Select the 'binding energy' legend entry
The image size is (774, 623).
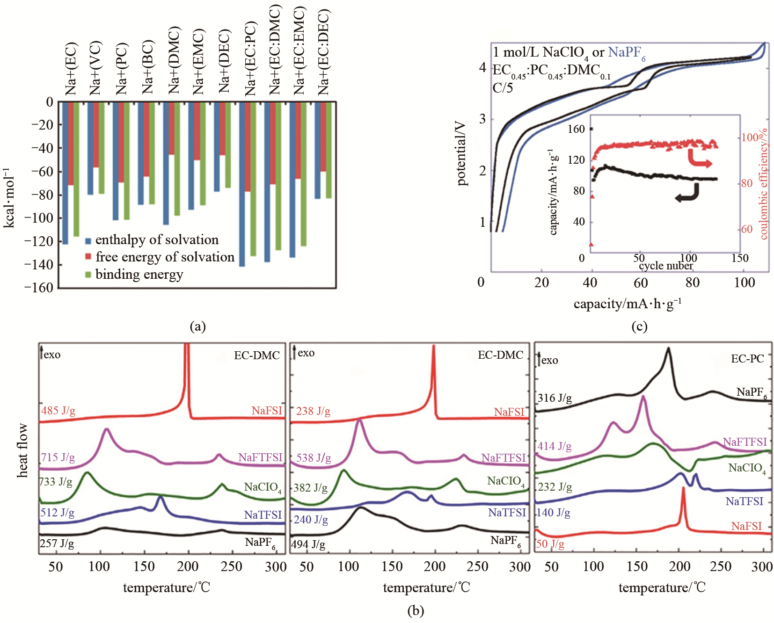tap(139, 275)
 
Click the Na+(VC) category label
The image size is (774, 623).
tap(95, 68)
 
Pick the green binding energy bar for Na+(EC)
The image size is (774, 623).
tap(76, 169)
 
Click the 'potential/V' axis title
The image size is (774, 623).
tap(462, 154)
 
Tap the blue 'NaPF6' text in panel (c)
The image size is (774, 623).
tap(627, 53)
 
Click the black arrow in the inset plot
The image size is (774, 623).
tap(687, 194)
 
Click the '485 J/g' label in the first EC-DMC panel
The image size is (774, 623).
tap(58, 411)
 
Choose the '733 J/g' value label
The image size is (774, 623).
tap(56, 482)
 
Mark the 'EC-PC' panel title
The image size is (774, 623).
tap(747, 359)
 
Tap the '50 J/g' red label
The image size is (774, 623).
tap(550, 544)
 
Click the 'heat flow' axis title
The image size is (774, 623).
tap(22, 450)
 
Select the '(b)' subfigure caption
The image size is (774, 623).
tap(416, 611)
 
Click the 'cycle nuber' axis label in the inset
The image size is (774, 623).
tap(665, 266)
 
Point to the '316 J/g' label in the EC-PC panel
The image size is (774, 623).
tap(555, 398)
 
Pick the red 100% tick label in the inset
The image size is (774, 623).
tap(750, 138)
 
